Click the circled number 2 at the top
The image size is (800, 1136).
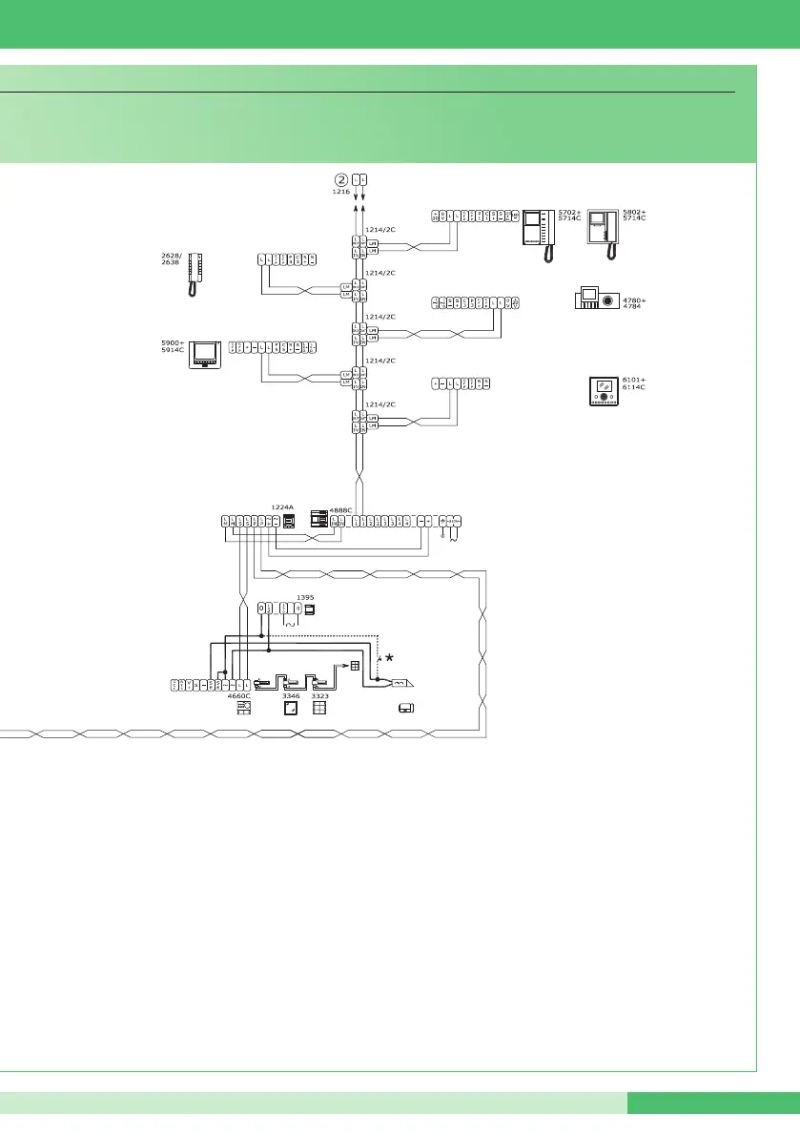click(x=340, y=179)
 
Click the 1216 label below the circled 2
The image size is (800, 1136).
click(x=340, y=192)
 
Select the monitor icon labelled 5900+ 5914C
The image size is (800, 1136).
click(x=205, y=353)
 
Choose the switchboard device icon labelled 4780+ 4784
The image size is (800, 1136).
click(x=595, y=299)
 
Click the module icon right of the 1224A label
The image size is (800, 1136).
click(x=290, y=522)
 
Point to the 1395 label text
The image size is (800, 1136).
click(x=306, y=599)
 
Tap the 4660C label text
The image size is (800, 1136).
click(x=238, y=696)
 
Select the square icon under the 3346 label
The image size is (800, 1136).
click(x=290, y=709)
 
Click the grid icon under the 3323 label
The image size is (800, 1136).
click(x=319, y=709)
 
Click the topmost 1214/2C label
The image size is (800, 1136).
click(x=380, y=229)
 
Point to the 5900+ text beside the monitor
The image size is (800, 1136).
click(x=173, y=342)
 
